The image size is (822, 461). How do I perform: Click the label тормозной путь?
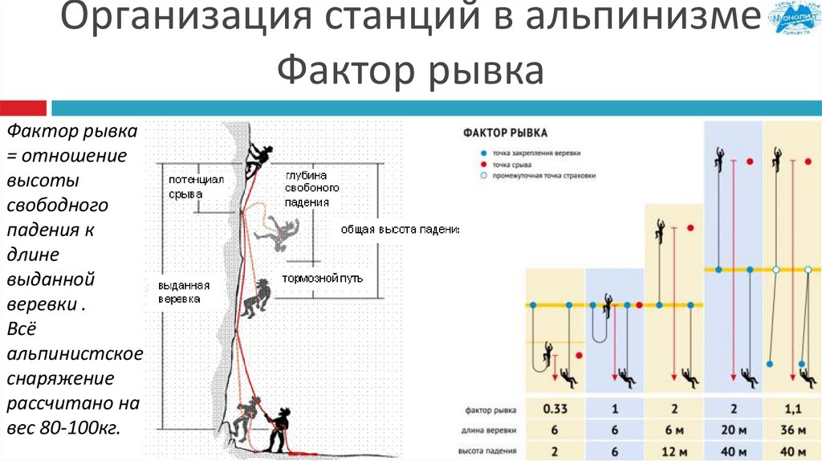[322, 278]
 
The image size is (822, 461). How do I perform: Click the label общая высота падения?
[399, 229]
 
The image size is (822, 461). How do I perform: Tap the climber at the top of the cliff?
[258, 158]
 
